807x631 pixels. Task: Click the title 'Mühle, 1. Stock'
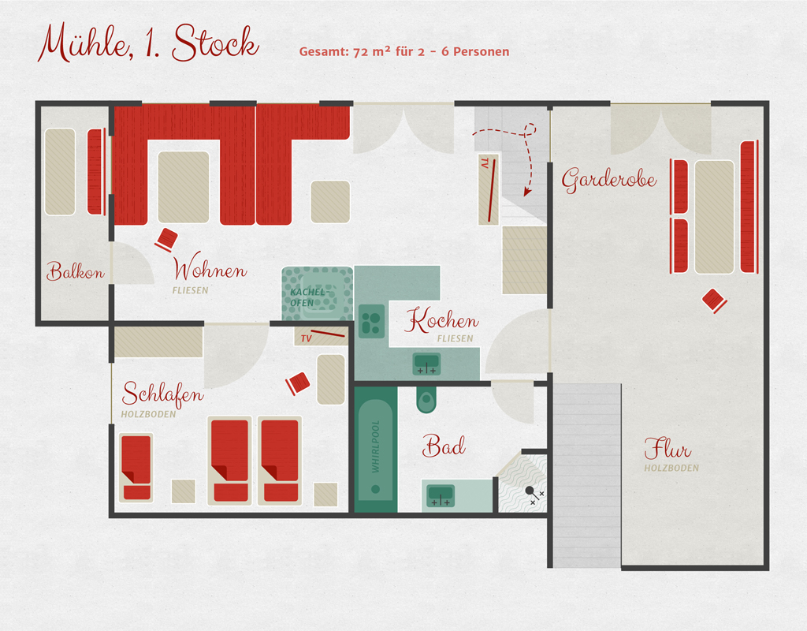[x=148, y=43]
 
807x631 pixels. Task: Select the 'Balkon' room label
[x=75, y=271]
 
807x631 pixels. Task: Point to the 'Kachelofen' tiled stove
[x=317, y=293]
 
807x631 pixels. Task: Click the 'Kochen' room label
[x=441, y=320]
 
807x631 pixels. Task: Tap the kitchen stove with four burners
[x=372, y=321]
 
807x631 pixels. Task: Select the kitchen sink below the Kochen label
[x=426, y=364]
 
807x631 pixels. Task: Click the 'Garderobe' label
[x=609, y=180]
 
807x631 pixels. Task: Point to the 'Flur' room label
[x=668, y=448]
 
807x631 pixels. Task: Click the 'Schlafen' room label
[x=162, y=394]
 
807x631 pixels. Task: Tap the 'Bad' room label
[x=444, y=446]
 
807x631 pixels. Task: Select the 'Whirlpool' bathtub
[x=376, y=450]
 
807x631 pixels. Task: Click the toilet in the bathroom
[x=426, y=399]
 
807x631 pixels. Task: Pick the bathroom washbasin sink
[x=441, y=495]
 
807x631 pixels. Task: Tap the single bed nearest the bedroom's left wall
[x=136, y=468]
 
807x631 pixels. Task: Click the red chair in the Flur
[x=714, y=301]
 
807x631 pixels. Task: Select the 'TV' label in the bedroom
[x=307, y=338]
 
